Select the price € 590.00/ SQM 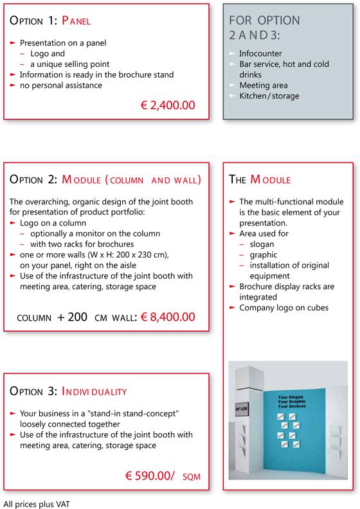click(163, 476)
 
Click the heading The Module click(260, 180)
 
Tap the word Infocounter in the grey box click(260, 54)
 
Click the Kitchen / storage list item click(269, 96)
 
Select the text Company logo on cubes click(283, 308)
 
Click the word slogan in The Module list click(262, 245)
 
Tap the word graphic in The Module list click(264, 255)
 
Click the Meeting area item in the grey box click(263, 85)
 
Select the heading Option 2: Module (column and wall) click(106, 180)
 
